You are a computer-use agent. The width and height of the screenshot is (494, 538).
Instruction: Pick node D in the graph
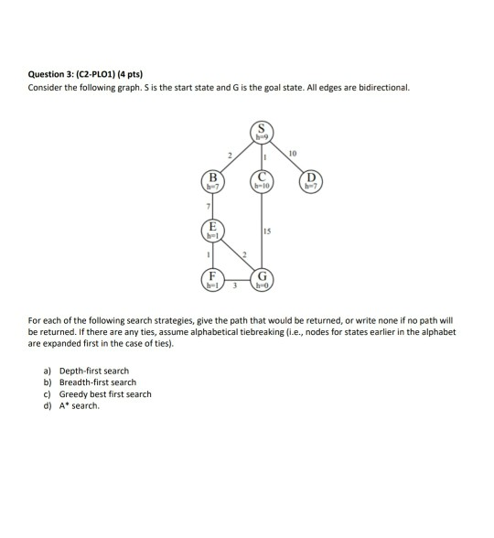[312, 179]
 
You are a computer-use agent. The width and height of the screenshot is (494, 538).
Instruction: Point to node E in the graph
[212, 231]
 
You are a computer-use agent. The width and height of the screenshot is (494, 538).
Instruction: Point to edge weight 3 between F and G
[236, 288]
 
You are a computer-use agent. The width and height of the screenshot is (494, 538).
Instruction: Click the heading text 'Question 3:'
[51, 74]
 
